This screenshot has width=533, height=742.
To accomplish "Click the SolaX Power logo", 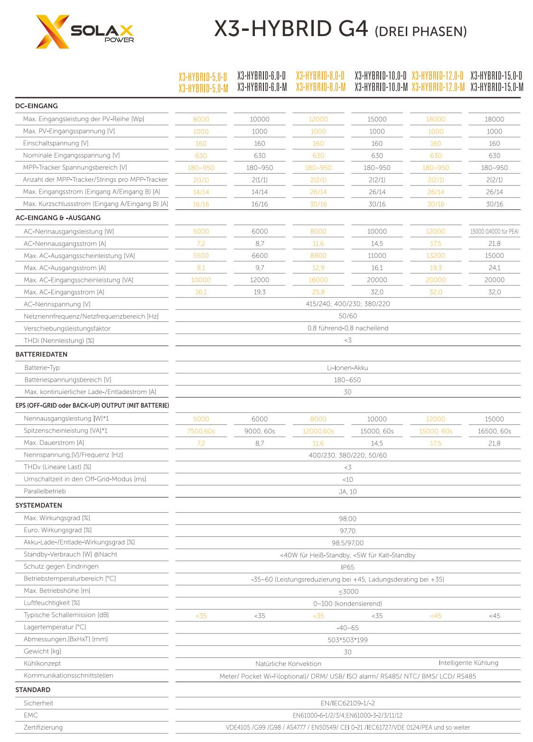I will click(x=84, y=32).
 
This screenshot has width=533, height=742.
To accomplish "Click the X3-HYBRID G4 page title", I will click(x=340, y=29).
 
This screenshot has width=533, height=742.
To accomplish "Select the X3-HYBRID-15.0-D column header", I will click(x=496, y=75).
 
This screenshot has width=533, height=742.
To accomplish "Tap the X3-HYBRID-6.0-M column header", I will click(x=262, y=87).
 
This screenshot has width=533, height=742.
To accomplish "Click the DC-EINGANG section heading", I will click(x=37, y=106).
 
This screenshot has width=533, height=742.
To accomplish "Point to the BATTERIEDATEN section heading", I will click(x=41, y=354).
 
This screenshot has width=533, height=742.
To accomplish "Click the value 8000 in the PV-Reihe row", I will click(x=201, y=119).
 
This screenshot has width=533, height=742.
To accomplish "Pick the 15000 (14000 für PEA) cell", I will click(x=494, y=232).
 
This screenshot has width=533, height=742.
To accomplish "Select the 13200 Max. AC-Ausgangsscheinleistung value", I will click(x=435, y=255).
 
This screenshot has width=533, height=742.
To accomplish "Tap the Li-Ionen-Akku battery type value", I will click(x=347, y=368).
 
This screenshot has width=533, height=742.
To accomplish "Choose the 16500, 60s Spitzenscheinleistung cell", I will click(x=494, y=431).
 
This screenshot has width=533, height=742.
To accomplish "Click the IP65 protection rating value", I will click(x=347, y=567).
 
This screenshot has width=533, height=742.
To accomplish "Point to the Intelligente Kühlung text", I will click(x=468, y=663).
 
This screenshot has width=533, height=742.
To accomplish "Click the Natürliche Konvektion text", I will click(x=288, y=664).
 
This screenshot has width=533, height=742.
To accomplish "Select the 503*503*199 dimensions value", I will click(x=347, y=640).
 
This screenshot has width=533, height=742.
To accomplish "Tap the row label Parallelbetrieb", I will click(x=45, y=491).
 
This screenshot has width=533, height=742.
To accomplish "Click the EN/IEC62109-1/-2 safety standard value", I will click(x=347, y=703).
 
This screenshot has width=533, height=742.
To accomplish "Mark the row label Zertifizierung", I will click(x=43, y=727).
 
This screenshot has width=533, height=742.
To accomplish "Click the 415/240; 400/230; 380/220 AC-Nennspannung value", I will click(x=347, y=304).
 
